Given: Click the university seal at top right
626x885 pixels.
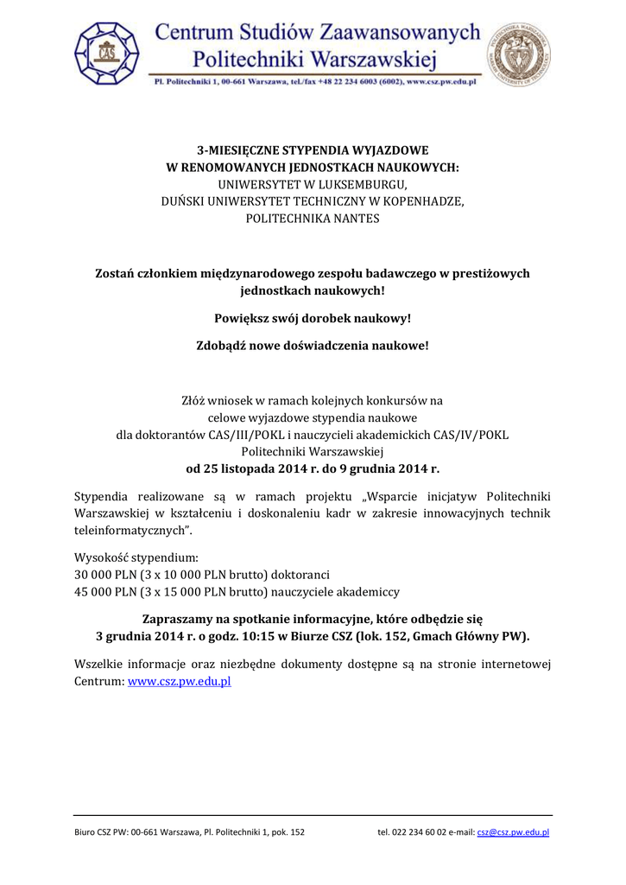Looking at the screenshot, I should [520, 54].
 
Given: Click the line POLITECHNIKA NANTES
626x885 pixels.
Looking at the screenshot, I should [313, 219].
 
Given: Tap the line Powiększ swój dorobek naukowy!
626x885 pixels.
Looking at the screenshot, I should [313, 318].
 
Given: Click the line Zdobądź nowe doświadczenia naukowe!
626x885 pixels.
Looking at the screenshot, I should [313, 346].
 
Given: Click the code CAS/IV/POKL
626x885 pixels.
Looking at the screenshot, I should [470, 435].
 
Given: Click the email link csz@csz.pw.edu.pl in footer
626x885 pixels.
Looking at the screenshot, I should [513, 832].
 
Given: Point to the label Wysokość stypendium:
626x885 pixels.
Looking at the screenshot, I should [136, 557].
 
